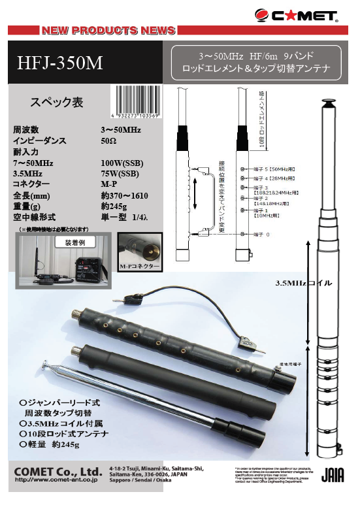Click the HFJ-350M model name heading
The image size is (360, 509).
[x=60, y=63]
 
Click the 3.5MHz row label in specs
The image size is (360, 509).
[x=29, y=174]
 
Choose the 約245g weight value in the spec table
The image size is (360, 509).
[x=114, y=206]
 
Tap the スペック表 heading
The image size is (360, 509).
[x=57, y=103]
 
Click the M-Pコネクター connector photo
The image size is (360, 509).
[x=139, y=255]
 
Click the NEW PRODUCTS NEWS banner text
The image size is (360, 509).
[x=108, y=30]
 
